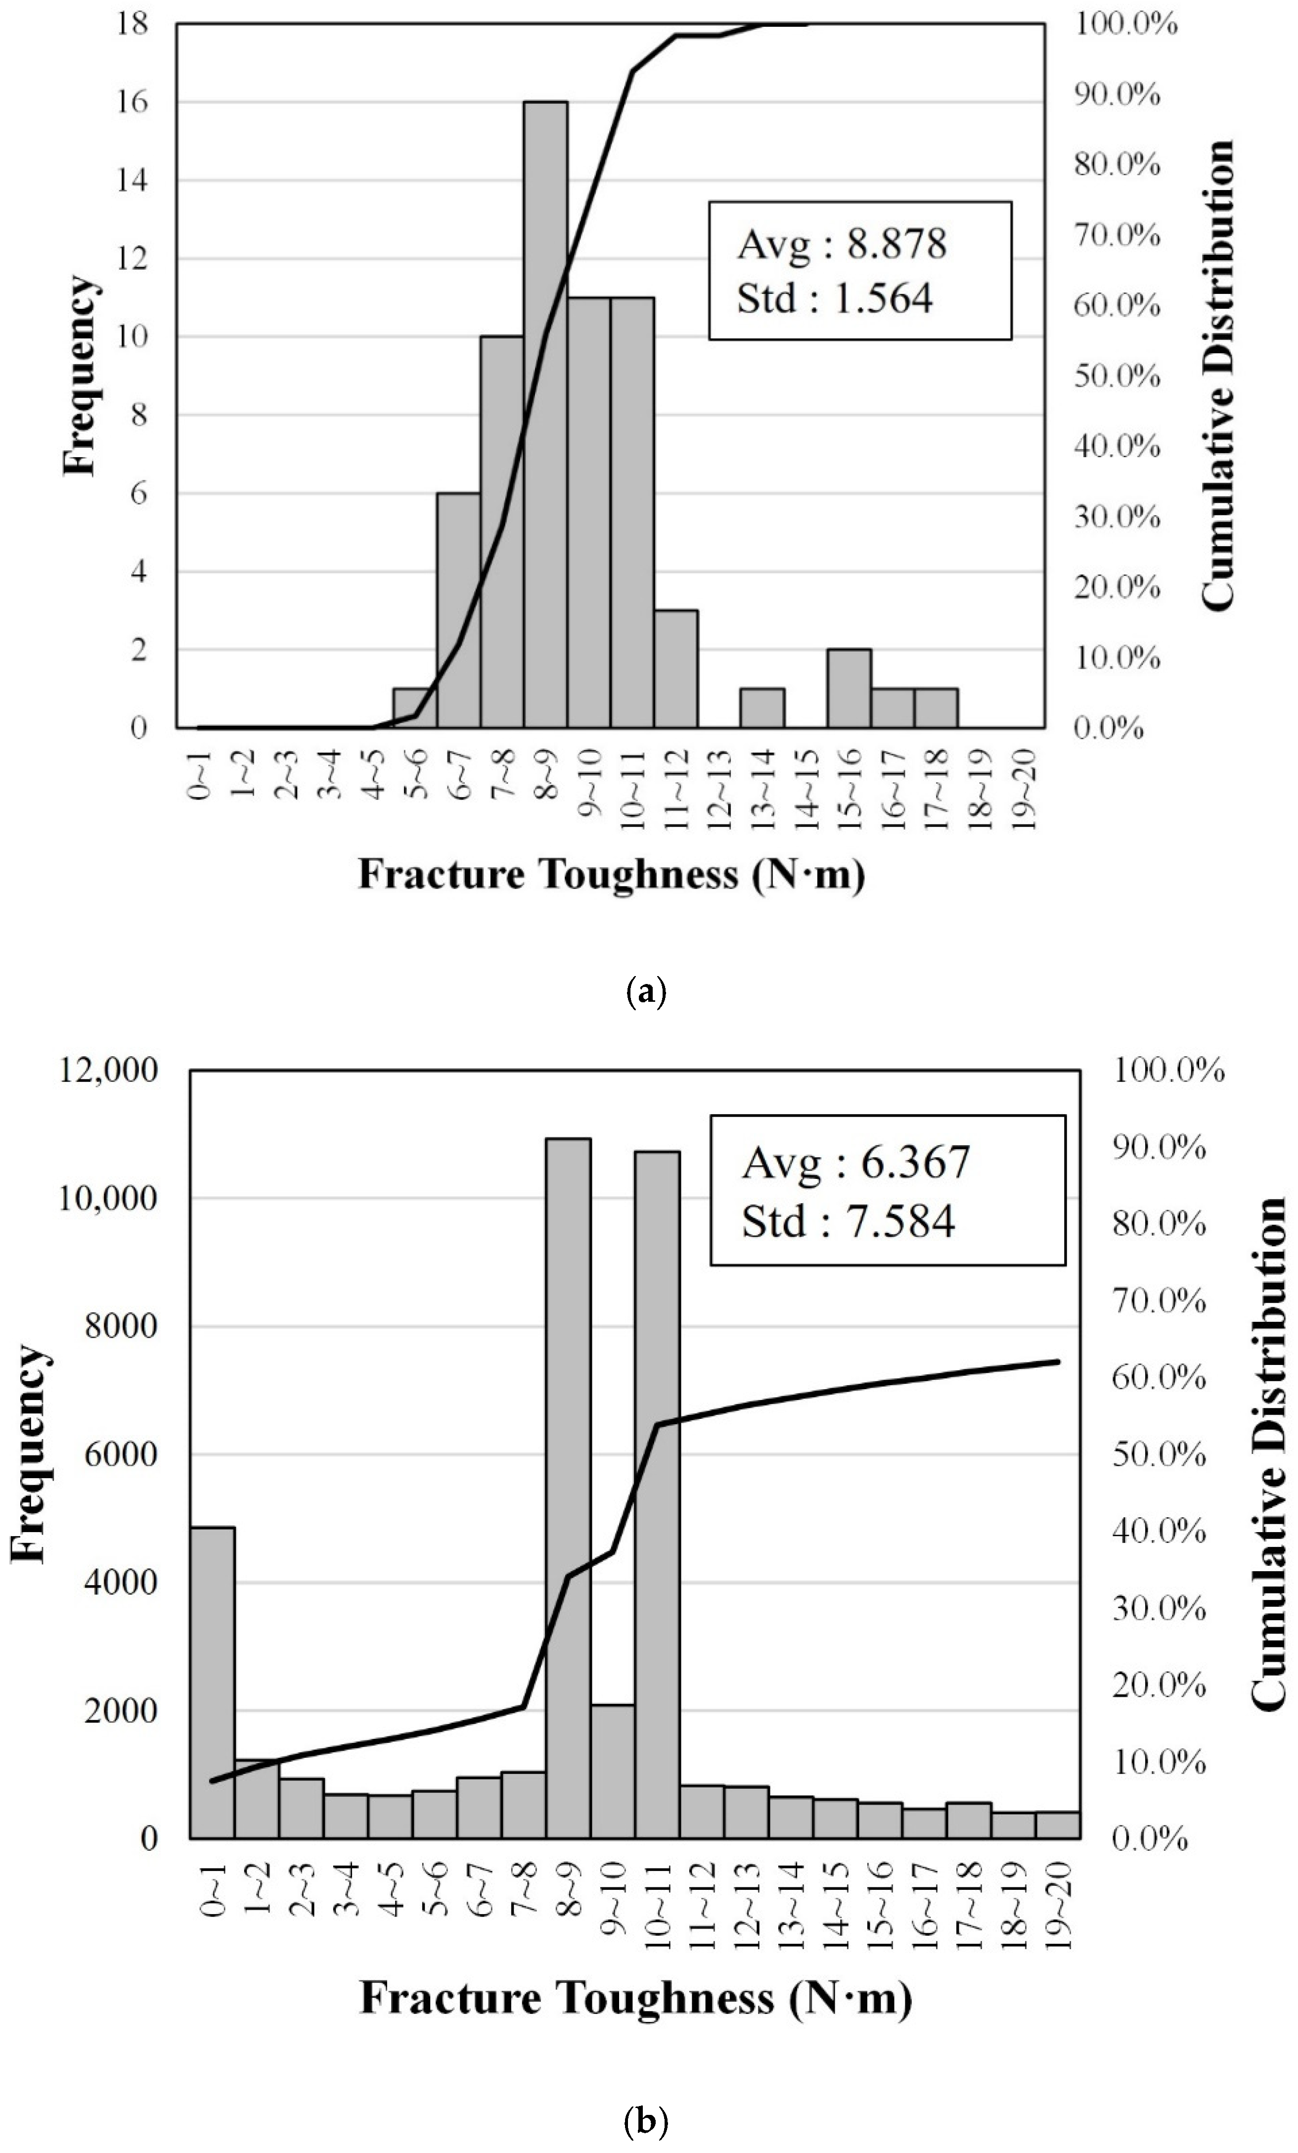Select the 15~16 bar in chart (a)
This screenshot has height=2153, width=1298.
(849, 689)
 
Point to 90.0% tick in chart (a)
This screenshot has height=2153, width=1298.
(1117, 94)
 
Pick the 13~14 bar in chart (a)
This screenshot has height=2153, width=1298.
(761, 708)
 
